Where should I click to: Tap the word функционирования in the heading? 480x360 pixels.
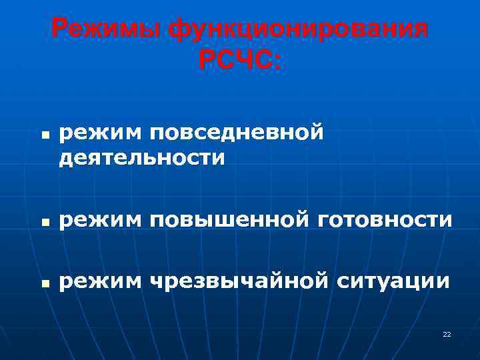(x=298, y=29)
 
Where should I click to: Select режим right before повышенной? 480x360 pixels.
(x=100, y=219)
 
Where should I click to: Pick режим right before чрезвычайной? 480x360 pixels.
(x=100, y=281)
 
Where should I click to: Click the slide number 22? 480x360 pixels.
(x=447, y=334)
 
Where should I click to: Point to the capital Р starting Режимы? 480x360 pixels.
(x=59, y=29)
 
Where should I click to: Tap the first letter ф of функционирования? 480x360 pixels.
(x=179, y=29)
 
